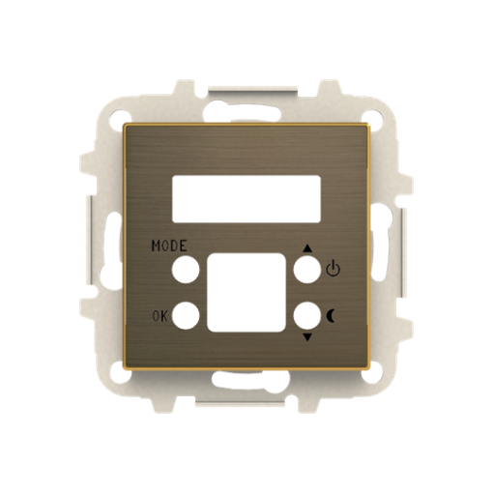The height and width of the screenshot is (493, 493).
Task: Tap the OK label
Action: pyautogui.click(x=160, y=316)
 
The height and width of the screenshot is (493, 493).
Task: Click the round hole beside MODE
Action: pyautogui.click(x=186, y=271)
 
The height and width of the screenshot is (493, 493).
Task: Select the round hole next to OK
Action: pyautogui.click(x=186, y=314)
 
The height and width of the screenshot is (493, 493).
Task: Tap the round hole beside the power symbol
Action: pyautogui.click(x=306, y=271)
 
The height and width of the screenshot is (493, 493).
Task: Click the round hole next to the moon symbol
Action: pyautogui.click(x=306, y=314)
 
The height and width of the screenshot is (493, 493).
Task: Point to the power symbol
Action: pyautogui.click(x=334, y=269)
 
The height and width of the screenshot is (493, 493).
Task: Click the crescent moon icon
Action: pyautogui.click(x=334, y=314)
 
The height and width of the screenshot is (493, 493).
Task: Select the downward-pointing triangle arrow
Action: pyautogui.click(x=308, y=337)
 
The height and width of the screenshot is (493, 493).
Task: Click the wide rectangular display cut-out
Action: pyautogui.click(x=246, y=197)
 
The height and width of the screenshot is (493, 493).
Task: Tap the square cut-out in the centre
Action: pyautogui.click(x=246, y=293)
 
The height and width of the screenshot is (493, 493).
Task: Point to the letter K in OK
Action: pyautogui.click(x=165, y=316)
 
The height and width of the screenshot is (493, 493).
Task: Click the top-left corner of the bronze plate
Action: pyautogui.click(x=126, y=126)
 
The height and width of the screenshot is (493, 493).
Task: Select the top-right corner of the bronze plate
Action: pyautogui.click(x=368, y=126)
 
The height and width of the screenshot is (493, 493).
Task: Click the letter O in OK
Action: pyautogui.click(x=156, y=316)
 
